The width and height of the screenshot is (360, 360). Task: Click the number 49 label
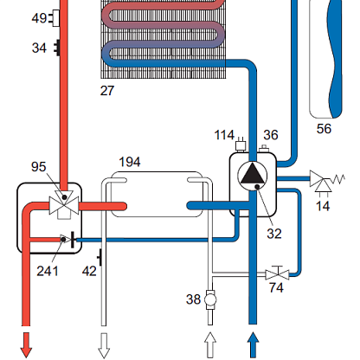[39, 18]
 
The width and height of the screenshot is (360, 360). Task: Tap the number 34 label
[39, 48]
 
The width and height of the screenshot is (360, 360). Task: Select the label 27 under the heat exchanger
[107, 91]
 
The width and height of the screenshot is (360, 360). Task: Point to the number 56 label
[324, 129]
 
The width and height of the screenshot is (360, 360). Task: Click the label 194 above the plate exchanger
[130, 162]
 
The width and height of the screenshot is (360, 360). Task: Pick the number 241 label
[48, 271]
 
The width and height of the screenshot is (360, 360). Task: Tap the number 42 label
[89, 271]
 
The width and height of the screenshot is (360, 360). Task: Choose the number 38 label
[193, 299]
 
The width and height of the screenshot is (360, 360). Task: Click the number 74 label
[276, 287]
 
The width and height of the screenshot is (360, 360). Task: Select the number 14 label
[323, 206]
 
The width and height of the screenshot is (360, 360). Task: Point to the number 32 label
[274, 234]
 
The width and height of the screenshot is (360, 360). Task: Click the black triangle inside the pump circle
[253, 173]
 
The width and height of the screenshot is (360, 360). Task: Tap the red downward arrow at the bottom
[26, 345]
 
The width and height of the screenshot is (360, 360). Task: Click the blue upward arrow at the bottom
[253, 345]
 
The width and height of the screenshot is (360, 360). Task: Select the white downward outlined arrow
[104, 345]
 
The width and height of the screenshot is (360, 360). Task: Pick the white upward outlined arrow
[210, 345]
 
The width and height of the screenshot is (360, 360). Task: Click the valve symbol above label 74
[277, 273]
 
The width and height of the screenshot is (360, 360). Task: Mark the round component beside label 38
[210, 299]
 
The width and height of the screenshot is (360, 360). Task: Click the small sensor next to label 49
[55, 18]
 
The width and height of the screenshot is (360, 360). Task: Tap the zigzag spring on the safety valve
[337, 179]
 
